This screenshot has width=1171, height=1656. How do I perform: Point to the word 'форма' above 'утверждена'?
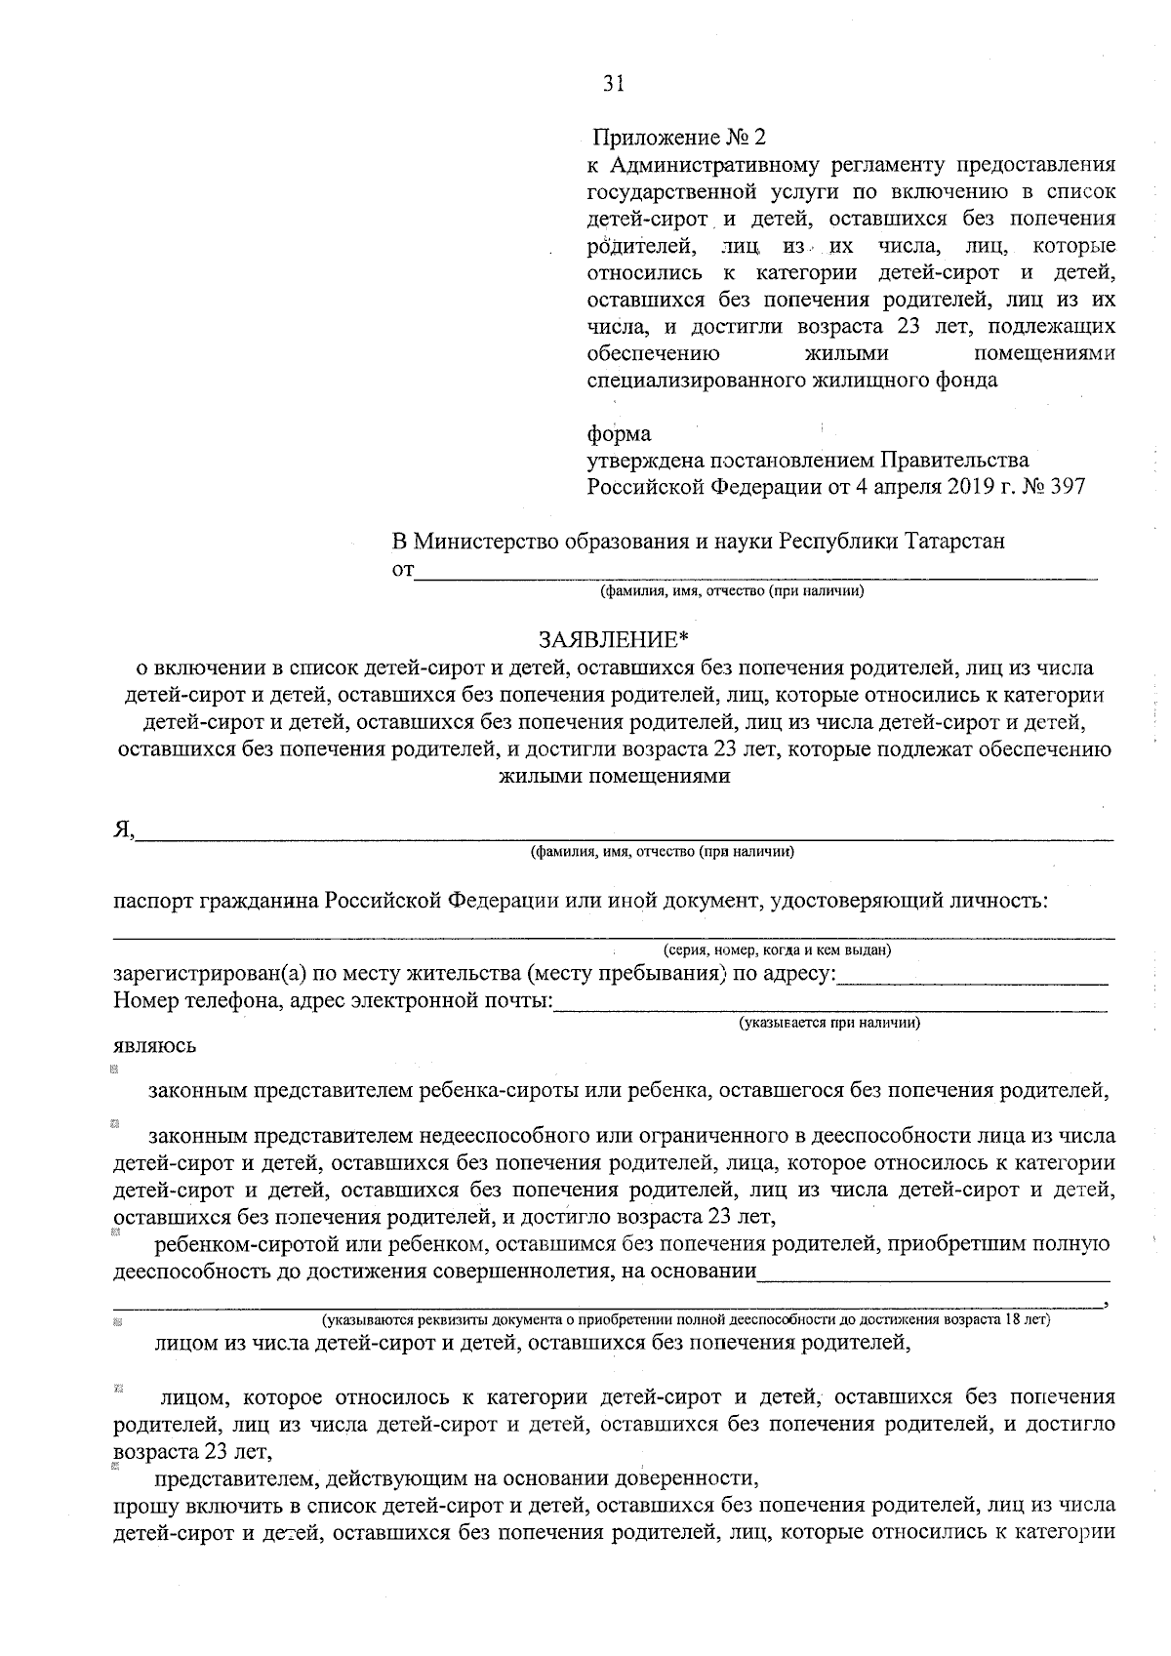pos(619,433)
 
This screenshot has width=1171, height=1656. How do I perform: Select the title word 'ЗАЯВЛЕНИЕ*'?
pos(614,640)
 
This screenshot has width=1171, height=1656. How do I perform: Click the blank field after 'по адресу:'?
pos(973,977)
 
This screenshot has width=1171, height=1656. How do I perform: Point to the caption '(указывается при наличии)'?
pos(829,1023)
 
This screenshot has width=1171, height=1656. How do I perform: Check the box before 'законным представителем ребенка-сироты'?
pos(115,1070)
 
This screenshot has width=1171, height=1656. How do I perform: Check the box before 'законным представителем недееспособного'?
pos(115,1124)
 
